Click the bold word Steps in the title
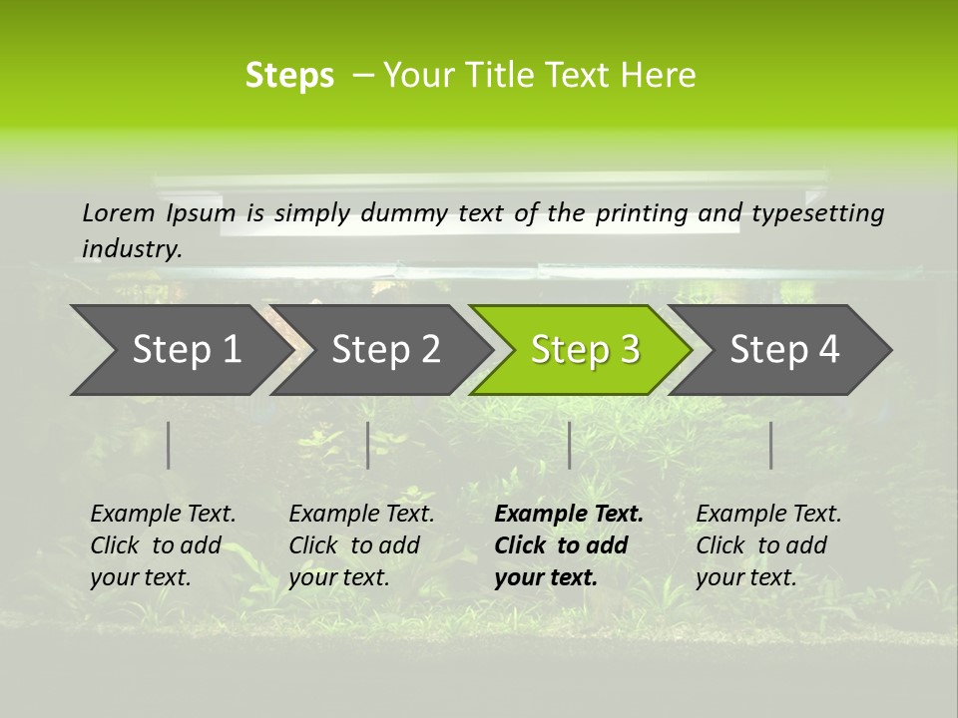pyautogui.click(x=289, y=76)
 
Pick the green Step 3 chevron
pyautogui.click(x=585, y=350)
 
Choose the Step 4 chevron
pyautogui.click(x=784, y=350)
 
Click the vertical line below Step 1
pyautogui.click(x=169, y=445)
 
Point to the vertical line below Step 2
pyautogui.click(x=368, y=445)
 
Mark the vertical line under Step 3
pyautogui.click(x=570, y=445)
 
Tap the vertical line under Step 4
pyautogui.click(x=771, y=445)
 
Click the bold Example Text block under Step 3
pyautogui.click(x=569, y=545)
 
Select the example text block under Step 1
pyautogui.click(x=163, y=545)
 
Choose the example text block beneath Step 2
pyautogui.click(x=361, y=545)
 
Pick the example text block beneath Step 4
pyautogui.click(x=768, y=545)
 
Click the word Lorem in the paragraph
pyautogui.click(x=119, y=213)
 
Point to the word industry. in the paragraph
pyautogui.click(x=132, y=249)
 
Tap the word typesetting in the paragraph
pyautogui.click(x=820, y=213)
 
